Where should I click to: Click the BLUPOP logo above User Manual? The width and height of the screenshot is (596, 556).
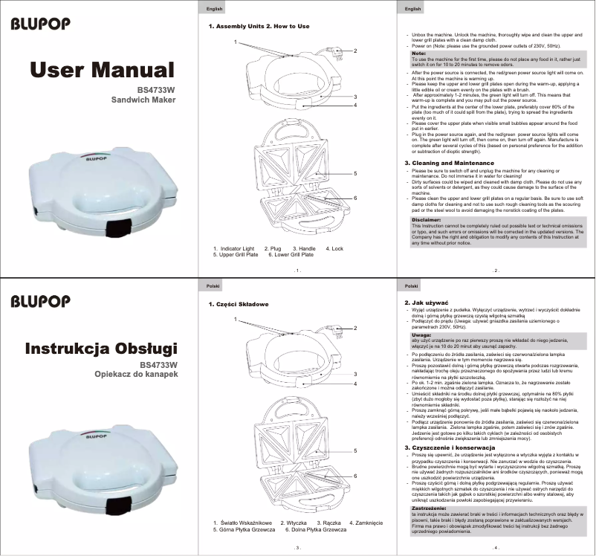click(41, 24)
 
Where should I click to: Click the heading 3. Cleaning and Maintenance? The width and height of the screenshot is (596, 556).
click(448, 163)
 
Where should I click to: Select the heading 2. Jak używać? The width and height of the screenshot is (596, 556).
click(425, 303)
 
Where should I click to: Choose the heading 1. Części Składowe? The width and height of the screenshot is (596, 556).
click(236, 305)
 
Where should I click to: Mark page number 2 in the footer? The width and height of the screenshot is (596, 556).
click(495, 271)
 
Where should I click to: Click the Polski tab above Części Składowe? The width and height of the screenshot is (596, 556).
click(212, 285)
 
